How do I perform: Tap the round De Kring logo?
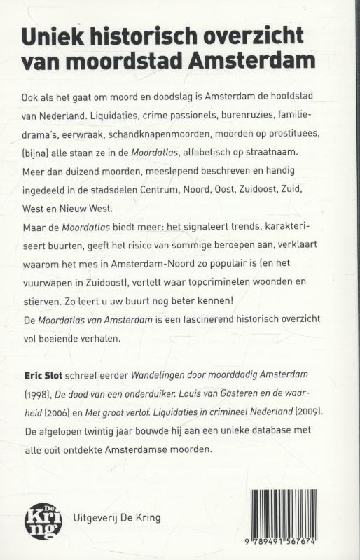click(43, 520)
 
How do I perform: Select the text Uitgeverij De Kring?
click(117, 519)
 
